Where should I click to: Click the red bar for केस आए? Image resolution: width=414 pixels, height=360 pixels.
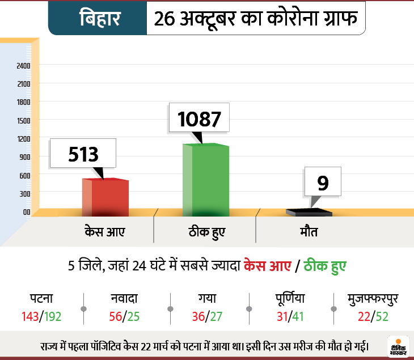pyautogui.click(x=105, y=196)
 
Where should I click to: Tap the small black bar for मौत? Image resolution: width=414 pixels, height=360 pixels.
pyautogui.click(x=309, y=212)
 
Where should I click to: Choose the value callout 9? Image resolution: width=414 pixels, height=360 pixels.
pyautogui.click(x=322, y=183)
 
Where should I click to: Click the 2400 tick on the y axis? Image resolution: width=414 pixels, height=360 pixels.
pyautogui.click(x=23, y=66)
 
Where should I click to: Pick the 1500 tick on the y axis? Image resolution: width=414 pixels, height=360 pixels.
pyautogui.click(x=23, y=120)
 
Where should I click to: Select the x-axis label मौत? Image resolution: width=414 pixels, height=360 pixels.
pyautogui.click(x=309, y=232)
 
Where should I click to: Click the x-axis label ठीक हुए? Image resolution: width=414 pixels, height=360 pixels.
pyautogui.click(x=206, y=232)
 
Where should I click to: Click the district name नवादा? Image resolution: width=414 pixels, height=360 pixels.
pyautogui.click(x=125, y=298)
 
